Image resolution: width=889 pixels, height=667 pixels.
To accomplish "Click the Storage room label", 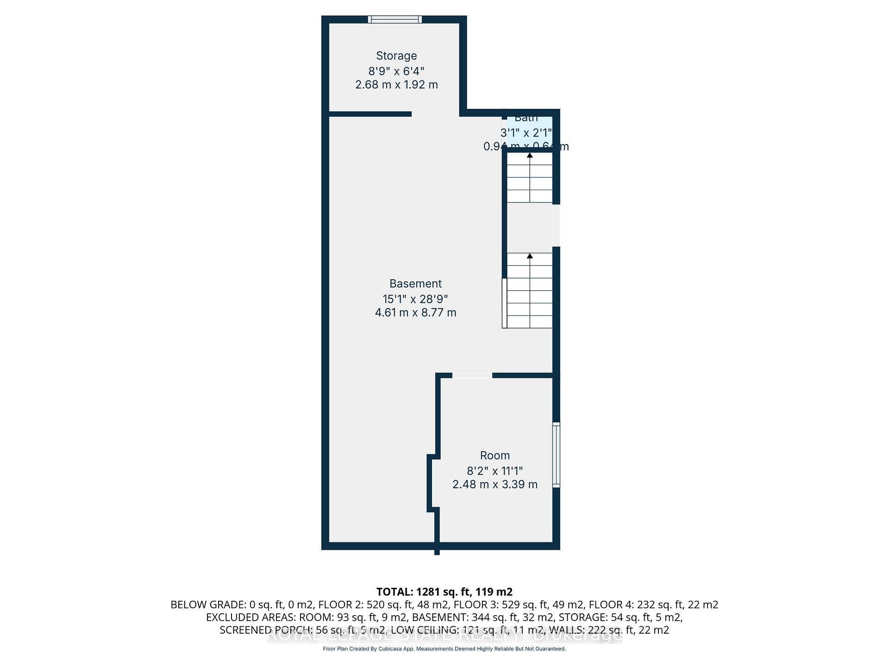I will coord(396,56).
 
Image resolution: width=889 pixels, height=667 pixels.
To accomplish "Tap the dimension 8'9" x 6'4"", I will coord(396,71).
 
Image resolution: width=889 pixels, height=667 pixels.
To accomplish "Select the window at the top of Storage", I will coord(395,19).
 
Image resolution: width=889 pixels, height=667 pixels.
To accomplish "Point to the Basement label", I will coord(415,283).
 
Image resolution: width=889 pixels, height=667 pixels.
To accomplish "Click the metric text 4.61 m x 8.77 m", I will coord(415,313).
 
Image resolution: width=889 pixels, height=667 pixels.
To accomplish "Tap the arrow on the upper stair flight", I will coord(530,156).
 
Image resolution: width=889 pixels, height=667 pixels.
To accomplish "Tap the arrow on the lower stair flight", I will coord(530,256).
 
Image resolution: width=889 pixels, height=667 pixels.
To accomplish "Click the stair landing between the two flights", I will coord(530,227).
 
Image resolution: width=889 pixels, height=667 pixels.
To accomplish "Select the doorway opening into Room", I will coord(472,375).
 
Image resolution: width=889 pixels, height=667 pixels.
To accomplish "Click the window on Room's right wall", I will coord(556,454).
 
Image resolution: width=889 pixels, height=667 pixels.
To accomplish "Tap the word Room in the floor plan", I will coord(495,455).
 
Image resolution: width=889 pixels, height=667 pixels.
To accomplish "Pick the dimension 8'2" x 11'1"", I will coord(495,471).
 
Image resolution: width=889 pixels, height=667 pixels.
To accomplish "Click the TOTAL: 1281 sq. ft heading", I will coord(444,591).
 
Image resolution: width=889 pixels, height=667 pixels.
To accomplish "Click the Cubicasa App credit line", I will coord(444,649).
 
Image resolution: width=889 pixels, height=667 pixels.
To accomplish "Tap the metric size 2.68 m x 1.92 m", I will coord(396,85).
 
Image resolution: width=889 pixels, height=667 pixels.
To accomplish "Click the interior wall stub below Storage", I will coord(370,114).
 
